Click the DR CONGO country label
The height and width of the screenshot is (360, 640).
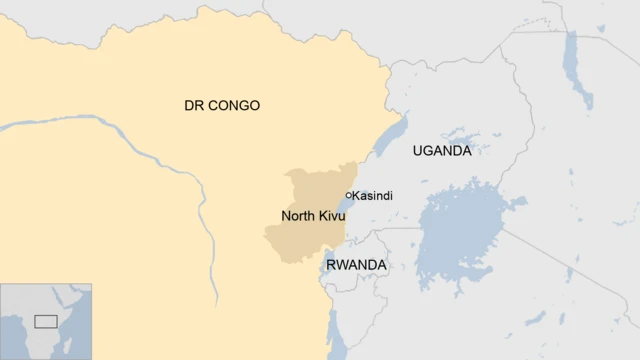click(221, 105)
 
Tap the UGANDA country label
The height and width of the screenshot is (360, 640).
click(441, 151)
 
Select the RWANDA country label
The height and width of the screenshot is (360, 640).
click(355, 265)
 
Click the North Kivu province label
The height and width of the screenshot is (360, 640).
click(313, 216)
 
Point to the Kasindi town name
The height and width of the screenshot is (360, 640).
click(373, 195)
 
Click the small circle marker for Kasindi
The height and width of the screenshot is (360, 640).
click(348, 195)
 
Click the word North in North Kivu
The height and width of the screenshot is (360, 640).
click(298, 216)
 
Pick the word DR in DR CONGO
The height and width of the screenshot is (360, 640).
click(193, 105)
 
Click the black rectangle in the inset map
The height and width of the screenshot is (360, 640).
click(45, 321)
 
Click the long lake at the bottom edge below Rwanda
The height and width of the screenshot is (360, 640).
click(336, 335)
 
